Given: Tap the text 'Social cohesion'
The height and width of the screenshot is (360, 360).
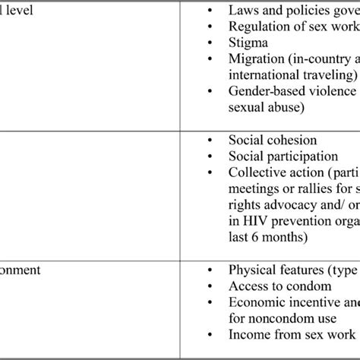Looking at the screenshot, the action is tap(273, 141).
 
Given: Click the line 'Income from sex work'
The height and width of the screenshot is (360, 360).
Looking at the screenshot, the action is tap(292, 333).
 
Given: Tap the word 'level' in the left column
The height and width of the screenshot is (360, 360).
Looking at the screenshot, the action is tap(18, 11).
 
